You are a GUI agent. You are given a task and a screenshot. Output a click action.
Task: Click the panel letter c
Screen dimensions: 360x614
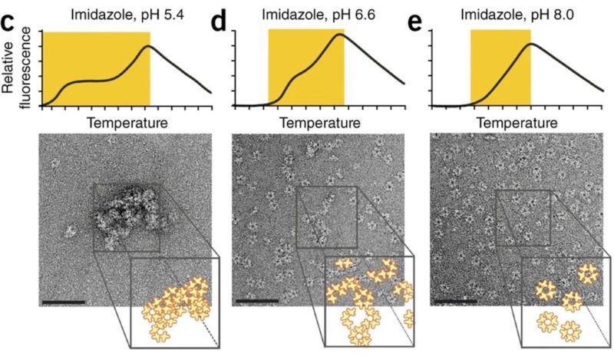(x=10, y=21)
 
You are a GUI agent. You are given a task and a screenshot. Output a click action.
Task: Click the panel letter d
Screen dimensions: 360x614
(x=220, y=21)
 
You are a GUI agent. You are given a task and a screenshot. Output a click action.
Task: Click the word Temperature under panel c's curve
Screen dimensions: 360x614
(x=127, y=123)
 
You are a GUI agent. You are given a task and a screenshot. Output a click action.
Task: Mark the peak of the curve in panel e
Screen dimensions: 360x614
(x=530, y=44)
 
